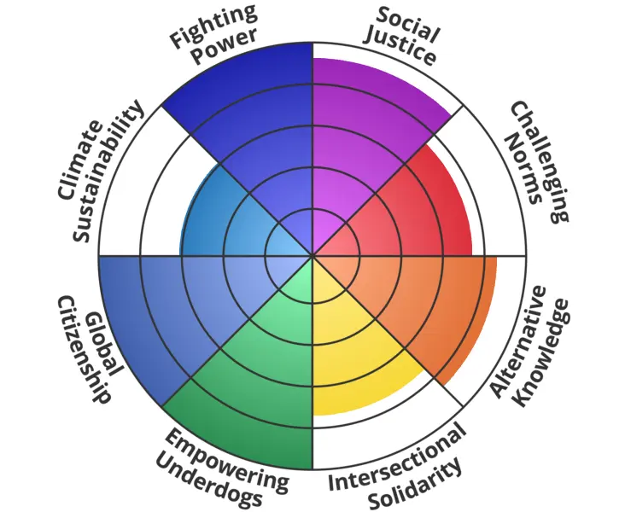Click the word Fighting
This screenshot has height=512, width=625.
[x=202, y=26]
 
